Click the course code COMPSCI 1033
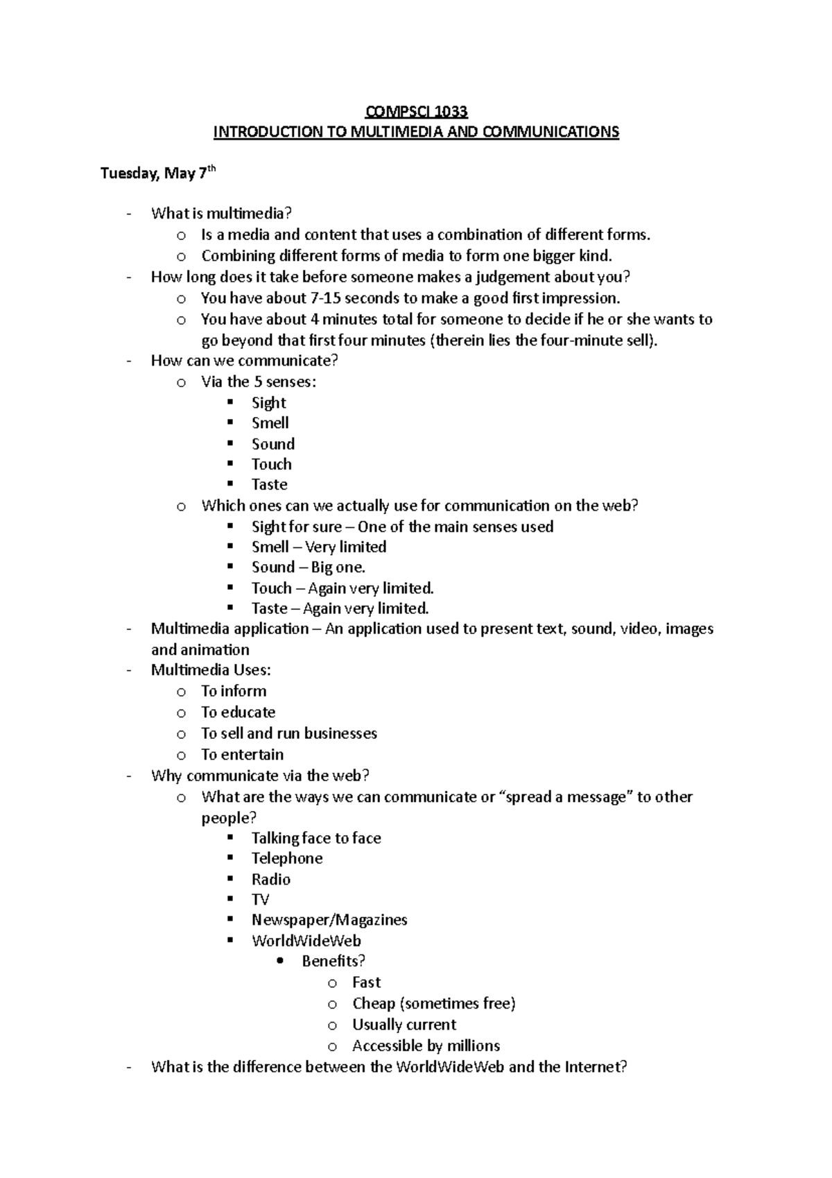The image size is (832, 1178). point(416,112)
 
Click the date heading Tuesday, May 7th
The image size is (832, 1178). point(158,173)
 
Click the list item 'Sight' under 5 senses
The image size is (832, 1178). point(269,403)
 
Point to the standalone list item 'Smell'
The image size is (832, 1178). point(270,423)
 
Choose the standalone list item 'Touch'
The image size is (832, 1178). point(271,464)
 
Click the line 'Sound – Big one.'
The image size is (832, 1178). point(308,567)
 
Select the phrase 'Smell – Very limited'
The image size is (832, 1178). point(318,547)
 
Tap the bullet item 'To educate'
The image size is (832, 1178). point(238,712)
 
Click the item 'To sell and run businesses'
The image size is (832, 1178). point(288,733)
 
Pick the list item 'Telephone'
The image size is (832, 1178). point(287,859)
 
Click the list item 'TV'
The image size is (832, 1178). point(260,900)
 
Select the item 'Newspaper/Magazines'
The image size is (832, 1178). point(329,921)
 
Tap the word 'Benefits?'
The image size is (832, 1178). point(333,962)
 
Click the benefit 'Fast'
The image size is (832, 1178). point(366,982)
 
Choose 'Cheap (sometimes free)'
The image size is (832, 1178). point(433,1004)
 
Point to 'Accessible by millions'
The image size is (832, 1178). point(426,1045)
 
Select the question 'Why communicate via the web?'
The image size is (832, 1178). point(260,776)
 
